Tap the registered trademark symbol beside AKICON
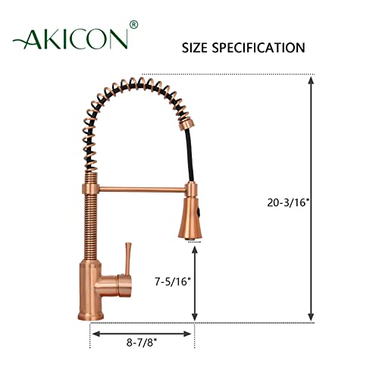(x=134, y=25)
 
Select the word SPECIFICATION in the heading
(x=262, y=48)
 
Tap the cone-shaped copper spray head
(x=190, y=221)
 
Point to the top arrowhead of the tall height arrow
(x=312, y=79)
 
